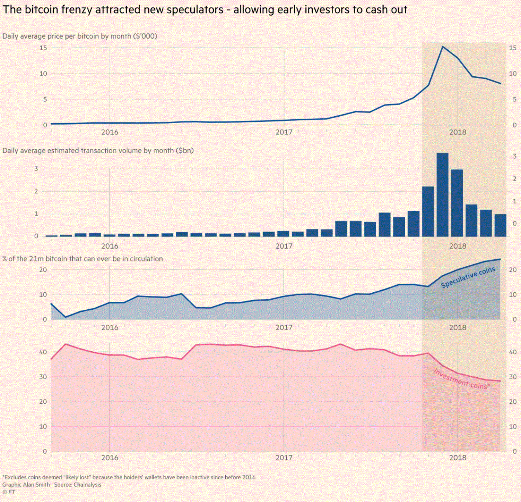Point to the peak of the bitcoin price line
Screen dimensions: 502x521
coord(443,47)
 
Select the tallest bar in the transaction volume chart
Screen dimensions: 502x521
coord(442,194)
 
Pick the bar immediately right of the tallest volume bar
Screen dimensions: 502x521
coord(457,203)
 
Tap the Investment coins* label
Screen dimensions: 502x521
coord(461,379)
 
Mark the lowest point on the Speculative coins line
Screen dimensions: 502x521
coord(66,317)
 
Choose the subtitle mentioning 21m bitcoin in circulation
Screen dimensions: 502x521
coord(83,259)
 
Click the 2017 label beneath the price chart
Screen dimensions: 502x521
coord(284,132)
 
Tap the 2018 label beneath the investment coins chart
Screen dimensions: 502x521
coord(458,458)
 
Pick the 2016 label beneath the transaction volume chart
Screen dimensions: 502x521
coord(110,246)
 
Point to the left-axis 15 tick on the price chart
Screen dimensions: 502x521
coord(43,48)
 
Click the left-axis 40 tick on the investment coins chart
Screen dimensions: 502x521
coord(43,352)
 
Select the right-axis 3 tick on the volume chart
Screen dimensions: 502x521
coord(514,156)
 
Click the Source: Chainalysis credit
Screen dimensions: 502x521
coord(78,485)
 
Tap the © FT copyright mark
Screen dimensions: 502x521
coord(9,492)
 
